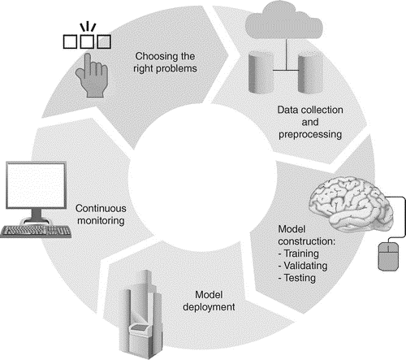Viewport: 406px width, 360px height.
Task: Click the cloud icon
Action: coord(284,20)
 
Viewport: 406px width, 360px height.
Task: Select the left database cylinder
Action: coord(261,72)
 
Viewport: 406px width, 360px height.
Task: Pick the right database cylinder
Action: coord(310,72)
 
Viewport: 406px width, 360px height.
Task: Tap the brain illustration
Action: coord(352,203)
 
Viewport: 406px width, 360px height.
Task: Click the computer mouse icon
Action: coord(388,257)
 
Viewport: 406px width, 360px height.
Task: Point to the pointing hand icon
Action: coord(92,76)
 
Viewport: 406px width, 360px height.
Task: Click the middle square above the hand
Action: coord(87,41)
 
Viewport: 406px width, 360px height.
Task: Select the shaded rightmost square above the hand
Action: coord(104,41)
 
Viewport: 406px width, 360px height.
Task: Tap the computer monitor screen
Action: coord(37,185)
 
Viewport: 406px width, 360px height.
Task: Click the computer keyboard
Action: coord(36,232)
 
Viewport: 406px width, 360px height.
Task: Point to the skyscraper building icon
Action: coord(141,314)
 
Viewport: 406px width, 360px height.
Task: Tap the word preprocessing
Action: coord(310,135)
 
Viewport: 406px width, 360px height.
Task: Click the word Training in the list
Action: coord(301,254)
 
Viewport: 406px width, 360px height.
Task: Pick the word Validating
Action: coord(305,266)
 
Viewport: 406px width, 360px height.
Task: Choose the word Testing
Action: coord(300,278)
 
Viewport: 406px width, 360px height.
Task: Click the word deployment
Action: coord(209,307)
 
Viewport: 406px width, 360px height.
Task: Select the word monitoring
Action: coord(101,221)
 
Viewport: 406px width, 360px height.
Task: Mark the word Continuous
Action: coord(101,208)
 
